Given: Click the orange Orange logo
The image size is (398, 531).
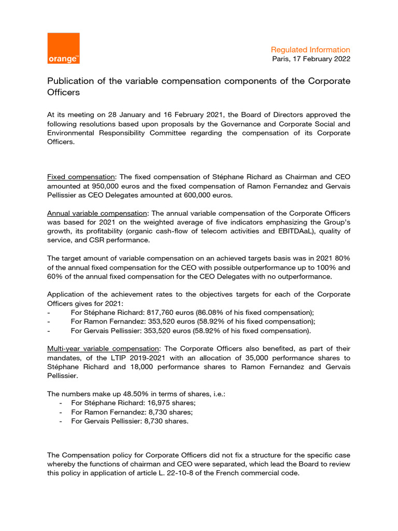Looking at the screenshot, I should click(63, 48).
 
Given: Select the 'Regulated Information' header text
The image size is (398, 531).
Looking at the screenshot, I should click(310, 50).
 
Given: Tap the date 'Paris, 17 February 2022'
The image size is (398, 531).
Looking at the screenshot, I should click(311, 59).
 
